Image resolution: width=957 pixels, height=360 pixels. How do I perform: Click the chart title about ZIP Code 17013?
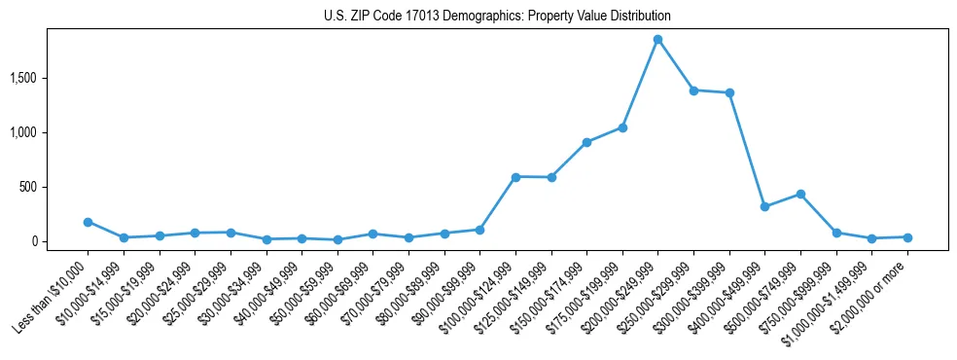coord(497,17)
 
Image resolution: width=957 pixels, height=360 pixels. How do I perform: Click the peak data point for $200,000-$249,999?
coord(657,39)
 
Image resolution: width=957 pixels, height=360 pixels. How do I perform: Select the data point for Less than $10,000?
coord(88,222)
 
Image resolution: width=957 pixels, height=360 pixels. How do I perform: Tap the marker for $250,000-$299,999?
coord(693,90)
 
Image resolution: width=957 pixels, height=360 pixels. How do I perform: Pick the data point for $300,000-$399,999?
coord(729,93)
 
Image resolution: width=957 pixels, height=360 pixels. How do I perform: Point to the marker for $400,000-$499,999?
coord(764,206)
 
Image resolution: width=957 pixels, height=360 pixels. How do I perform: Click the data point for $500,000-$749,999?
coord(800,194)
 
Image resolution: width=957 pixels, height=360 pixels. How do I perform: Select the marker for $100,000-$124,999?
coord(515,177)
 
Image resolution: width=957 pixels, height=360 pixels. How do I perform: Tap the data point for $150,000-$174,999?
coord(586,142)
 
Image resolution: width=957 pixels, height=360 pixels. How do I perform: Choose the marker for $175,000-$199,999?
coord(622,127)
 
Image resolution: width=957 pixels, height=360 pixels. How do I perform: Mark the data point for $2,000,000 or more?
coord(907,237)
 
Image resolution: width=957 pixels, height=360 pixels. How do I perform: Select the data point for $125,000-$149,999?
coord(551,177)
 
